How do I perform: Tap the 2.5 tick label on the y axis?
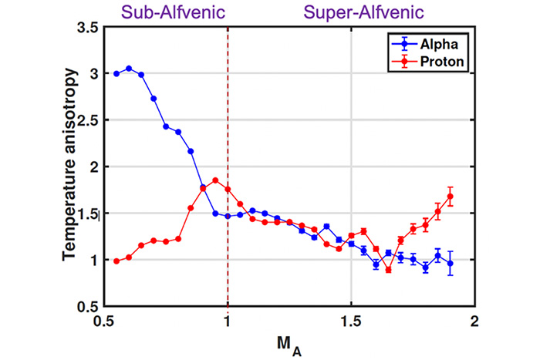pos(87,121)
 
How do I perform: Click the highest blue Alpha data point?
pos(129,69)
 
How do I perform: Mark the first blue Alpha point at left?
pos(116,74)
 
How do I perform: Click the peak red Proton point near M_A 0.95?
pos(215,180)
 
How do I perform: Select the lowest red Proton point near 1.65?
pos(389,270)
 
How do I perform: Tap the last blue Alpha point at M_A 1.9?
pos(450,264)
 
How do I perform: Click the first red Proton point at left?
pos(116,261)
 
